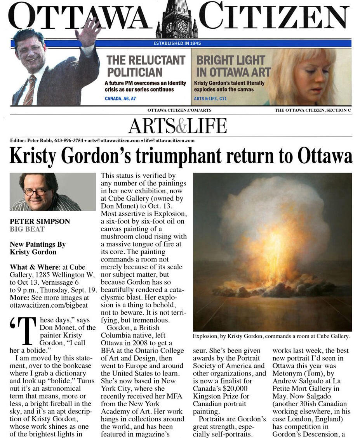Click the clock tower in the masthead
tap(177, 20)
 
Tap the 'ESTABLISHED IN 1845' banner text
tap(177, 43)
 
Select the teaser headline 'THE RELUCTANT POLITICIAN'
tap(146, 66)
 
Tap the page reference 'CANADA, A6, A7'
tap(120, 99)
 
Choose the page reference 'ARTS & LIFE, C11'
tap(210, 99)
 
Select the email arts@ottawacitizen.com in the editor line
tap(113, 140)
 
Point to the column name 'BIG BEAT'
tap(27, 229)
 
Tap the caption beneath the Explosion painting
tap(271, 336)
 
